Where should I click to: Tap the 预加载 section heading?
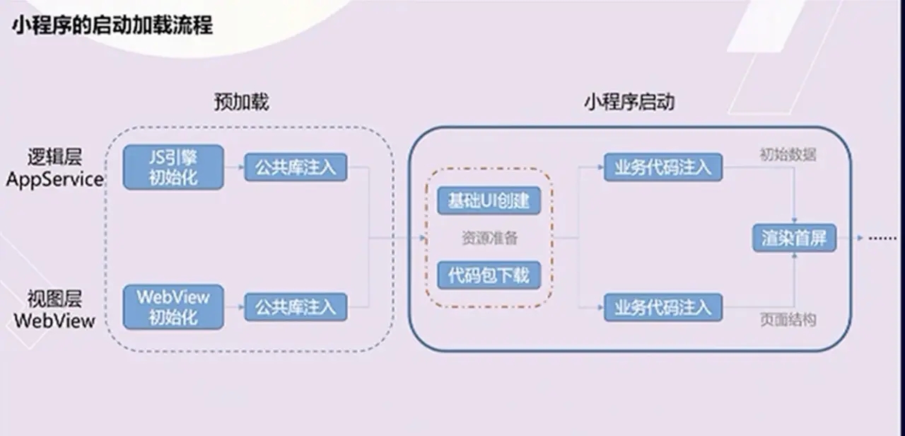[x=242, y=102]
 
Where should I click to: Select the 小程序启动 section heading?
[x=629, y=102]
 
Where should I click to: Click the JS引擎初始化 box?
[x=173, y=167]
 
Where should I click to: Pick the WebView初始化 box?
[x=173, y=307]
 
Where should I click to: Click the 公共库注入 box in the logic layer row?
[x=296, y=167]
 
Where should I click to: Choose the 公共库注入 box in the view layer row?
[x=296, y=307]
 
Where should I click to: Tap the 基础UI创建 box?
[x=489, y=200]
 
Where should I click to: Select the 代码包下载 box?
[x=489, y=275]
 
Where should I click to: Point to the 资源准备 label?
[x=489, y=238]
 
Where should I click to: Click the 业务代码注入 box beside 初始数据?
[x=663, y=167]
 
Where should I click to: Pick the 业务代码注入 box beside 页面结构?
[x=663, y=307]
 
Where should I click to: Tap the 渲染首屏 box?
[x=794, y=238]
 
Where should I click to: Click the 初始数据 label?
[x=788, y=154]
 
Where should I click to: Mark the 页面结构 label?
[x=788, y=320]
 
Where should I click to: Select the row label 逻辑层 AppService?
[x=55, y=168]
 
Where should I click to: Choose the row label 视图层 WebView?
[x=55, y=309]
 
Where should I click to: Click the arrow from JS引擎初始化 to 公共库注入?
[x=234, y=167]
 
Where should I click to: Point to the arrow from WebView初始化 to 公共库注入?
[x=234, y=307]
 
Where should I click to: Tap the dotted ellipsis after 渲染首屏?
[x=883, y=239]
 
